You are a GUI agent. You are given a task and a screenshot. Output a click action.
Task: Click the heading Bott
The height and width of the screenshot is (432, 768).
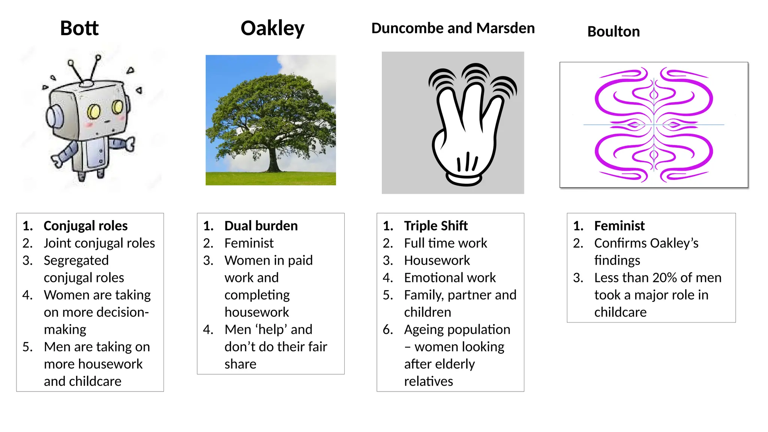(79, 28)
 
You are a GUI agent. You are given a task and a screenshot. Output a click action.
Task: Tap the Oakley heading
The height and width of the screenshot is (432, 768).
(272, 28)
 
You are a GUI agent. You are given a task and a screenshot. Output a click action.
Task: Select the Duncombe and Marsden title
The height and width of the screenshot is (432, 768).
(453, 28)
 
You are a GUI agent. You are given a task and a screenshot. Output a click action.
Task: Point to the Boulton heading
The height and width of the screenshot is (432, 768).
(613, 31)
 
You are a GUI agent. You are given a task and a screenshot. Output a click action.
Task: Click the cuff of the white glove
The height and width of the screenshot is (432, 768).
(465, 179)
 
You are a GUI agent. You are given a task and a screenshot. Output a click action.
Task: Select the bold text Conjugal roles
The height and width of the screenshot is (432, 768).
(85, 226)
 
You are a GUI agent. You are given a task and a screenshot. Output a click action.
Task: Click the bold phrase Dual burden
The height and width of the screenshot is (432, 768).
(261, 226)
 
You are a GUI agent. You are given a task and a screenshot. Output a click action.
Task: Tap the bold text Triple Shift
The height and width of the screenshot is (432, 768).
(436, 226)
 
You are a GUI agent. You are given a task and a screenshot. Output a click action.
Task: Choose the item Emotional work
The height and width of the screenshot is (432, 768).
(450, 277)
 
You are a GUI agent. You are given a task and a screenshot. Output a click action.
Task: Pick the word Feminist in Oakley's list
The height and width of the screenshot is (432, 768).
(249, 243)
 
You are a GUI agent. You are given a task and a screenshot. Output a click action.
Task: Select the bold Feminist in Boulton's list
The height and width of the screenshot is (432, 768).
(619, 226)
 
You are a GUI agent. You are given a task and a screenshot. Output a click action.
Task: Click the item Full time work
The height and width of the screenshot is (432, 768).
(445, 243)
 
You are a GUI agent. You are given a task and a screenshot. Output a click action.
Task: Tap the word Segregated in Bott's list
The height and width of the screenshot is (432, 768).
(76, 260)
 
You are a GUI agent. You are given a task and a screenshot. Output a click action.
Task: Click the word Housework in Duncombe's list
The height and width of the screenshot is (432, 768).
(437, 260)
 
